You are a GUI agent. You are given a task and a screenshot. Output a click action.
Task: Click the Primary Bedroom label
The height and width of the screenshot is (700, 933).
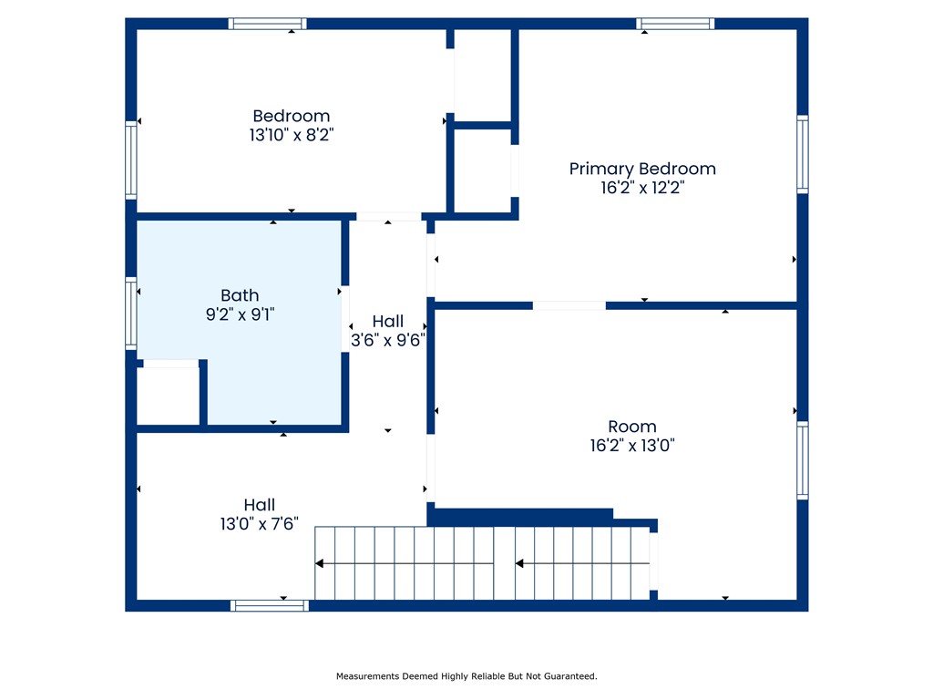(642, 169)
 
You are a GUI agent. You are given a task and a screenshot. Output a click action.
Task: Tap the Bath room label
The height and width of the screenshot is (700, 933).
(240, 295)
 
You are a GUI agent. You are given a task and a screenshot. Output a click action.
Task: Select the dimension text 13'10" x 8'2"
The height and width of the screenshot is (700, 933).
(292, 135)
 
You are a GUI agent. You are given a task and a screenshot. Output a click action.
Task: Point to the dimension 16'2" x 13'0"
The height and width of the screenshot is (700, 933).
(632, 445)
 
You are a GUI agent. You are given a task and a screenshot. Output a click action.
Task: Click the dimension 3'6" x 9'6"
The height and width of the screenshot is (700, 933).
(388, 340)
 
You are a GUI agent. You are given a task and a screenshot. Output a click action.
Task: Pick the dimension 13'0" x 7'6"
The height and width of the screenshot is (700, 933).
(260, 524)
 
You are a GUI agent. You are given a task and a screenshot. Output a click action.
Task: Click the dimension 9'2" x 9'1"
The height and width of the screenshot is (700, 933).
(241, 314)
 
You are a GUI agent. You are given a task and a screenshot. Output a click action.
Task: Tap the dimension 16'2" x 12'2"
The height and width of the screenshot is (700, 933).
(642, 188)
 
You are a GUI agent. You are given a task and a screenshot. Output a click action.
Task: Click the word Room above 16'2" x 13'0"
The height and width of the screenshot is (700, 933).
(632, 427)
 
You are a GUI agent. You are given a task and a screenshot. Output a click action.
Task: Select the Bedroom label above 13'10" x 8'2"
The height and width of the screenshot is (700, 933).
(292, 116)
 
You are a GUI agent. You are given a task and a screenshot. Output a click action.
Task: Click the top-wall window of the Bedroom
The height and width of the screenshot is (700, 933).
(267, 24)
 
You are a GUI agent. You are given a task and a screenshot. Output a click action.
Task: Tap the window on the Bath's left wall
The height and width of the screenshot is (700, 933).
(131, 314)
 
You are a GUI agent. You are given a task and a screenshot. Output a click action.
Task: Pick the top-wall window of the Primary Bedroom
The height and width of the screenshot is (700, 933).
(675, 24)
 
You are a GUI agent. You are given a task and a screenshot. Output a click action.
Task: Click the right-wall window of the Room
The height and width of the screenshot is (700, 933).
(803, 460)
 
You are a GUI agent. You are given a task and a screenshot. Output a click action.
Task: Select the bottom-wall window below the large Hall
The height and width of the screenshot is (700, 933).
(270, 606)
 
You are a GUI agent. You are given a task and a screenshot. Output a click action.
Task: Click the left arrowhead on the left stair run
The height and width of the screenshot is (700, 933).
(320, 563)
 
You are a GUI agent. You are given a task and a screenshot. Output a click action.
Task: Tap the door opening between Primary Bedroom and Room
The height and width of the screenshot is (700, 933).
(569, 305)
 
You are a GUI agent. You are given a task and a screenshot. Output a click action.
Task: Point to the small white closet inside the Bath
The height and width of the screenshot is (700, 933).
(169, 396)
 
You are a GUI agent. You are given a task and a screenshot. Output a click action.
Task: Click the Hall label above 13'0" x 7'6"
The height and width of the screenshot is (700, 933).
(260, 505)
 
